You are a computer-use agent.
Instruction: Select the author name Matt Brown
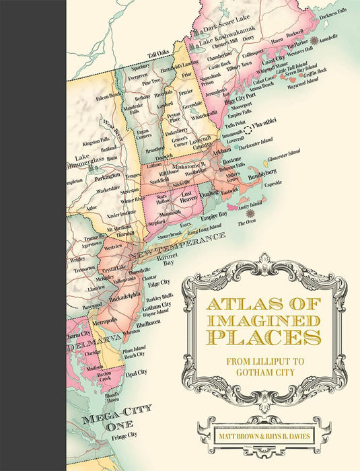click(x=235, y=425)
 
